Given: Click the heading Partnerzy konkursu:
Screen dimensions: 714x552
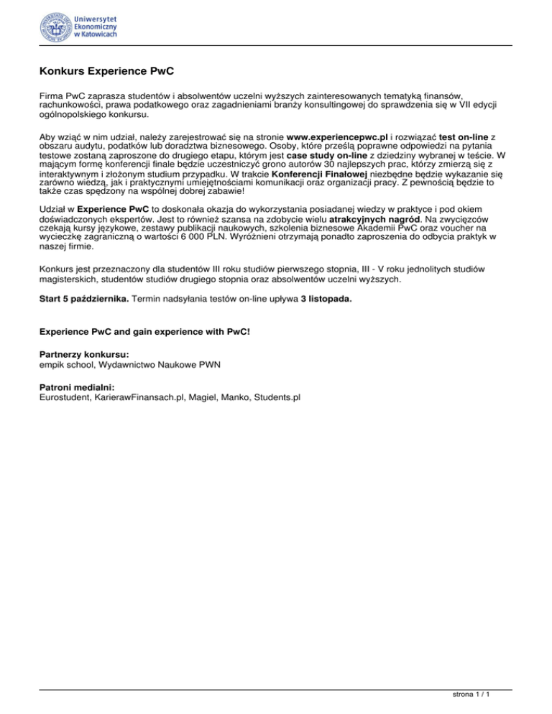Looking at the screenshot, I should [x=84, y=355].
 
